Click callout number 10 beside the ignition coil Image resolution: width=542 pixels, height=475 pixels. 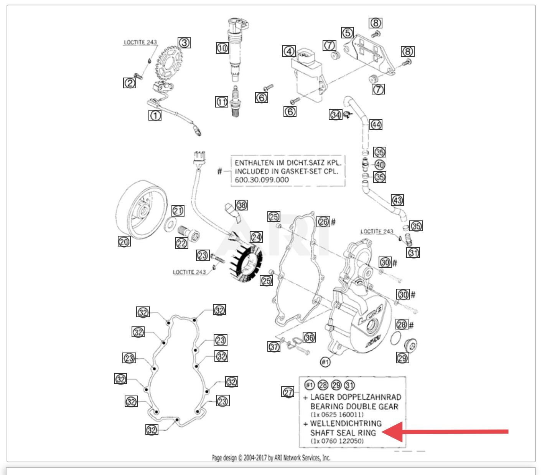[x=222, y=48]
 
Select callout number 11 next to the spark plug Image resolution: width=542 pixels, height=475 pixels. [x=222, y=102]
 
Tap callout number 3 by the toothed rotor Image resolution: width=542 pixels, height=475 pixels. [x=184, y=42]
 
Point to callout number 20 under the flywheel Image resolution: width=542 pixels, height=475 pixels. [x=124, y=242]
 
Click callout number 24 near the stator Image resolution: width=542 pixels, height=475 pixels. [x=256, y=237]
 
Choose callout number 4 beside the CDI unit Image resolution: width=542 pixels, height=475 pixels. [x=289, y=51]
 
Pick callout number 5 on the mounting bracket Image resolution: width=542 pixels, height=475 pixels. [x=348, y=33]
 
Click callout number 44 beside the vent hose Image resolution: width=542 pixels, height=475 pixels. [x=376, y=124]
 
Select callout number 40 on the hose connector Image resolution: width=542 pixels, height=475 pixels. [x=380, y=165]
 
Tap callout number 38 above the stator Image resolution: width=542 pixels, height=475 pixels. [x=242, y=205]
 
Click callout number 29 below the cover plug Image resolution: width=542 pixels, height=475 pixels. [x=402, y=358]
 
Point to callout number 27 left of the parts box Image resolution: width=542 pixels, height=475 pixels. [x=288, y=392]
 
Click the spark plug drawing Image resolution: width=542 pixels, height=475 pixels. [x=235, y=102]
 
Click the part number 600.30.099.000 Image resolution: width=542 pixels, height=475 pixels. [x=262, y=180]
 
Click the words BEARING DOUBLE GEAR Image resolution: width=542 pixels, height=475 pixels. [x=354, y=406]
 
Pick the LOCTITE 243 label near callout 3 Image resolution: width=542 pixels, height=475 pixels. [x=140, y=42]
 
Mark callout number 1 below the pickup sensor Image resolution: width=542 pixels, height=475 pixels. [x=155, y=115]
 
